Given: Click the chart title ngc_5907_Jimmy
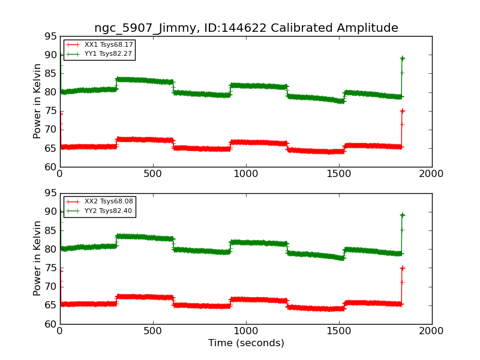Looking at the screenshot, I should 246,28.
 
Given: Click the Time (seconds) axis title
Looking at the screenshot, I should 246,343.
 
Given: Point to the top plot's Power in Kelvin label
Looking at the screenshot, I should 37,101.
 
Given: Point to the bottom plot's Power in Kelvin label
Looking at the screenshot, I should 37,258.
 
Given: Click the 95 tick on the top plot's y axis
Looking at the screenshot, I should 50,36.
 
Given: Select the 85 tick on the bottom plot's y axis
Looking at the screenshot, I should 50,230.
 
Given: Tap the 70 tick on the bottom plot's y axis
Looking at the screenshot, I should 50,287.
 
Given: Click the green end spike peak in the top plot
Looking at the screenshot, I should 402,58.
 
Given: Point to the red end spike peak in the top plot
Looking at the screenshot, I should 402,111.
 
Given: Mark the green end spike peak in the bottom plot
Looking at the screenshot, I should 402,215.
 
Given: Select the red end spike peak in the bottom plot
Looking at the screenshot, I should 402,268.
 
